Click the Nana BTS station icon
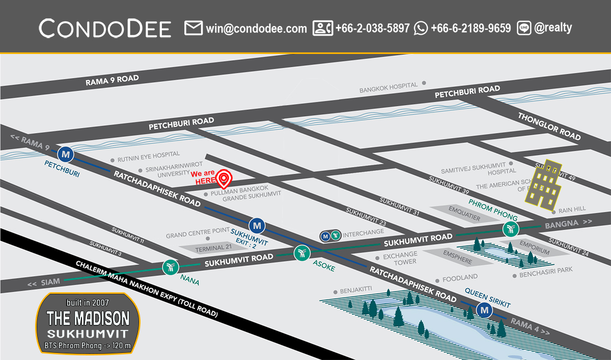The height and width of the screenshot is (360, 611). tap(170, 266)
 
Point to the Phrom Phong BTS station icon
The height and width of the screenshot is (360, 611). tap(510, 229)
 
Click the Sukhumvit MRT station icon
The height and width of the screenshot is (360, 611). tap(257, 225)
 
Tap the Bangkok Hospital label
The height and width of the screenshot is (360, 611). tap(388, 88)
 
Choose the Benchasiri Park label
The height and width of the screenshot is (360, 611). tap(545, 275)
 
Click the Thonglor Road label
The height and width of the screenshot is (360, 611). tap(549, 126)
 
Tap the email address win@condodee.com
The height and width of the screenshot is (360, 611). tap(256, 28)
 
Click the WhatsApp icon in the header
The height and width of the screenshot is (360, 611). tap(421, 28)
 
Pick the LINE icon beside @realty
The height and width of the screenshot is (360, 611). tap(524, 28)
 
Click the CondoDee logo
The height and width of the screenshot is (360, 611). tap(105, 28)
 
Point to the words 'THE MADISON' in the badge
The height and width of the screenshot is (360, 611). tap(88, 319)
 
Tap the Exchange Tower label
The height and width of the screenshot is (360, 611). tap(400, 258)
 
